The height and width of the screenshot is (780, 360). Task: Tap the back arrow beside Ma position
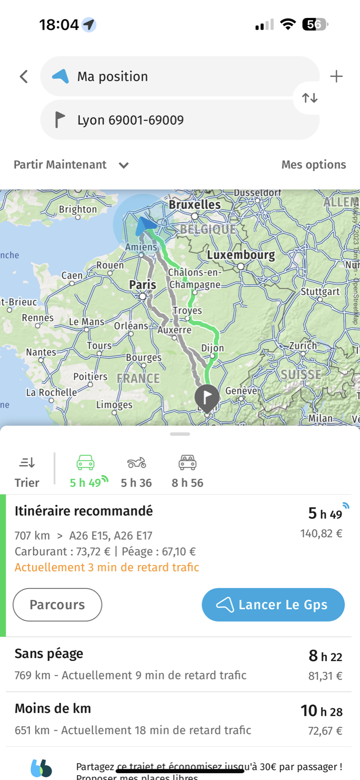[x=23, y=77]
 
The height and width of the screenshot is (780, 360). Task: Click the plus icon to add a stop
[x=336, y=77]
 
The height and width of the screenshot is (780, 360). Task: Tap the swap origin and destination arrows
[x=310, y=98]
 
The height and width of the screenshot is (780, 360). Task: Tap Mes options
[x=313, y=165]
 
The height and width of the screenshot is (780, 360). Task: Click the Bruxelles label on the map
[x=195, y=205]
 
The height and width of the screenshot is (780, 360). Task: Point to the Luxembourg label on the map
[x=241, y=255]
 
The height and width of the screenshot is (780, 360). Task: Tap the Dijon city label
[x=213, y=348]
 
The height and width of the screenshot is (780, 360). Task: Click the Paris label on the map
[x=142, y=285]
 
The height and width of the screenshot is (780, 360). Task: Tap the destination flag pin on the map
[x=207, y=396]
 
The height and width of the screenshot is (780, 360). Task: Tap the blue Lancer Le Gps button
[x=273, y=604]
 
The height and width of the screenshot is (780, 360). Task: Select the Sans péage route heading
[x=49, y=653]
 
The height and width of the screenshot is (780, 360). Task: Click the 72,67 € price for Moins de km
[x=325, y=731]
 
